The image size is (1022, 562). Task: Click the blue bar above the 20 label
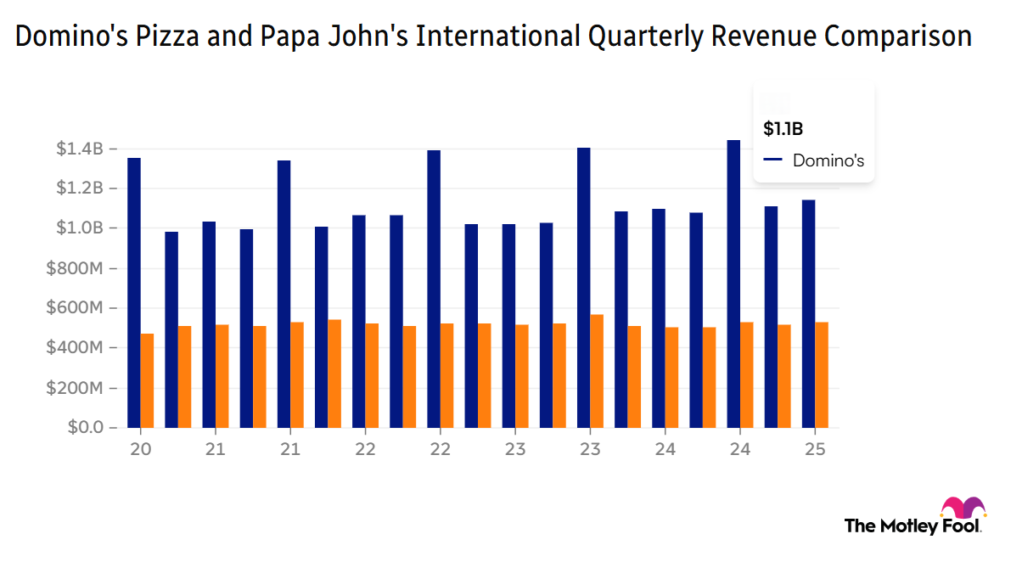[x=134, y=293]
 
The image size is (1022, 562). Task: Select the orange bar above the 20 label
[x=147, y=380]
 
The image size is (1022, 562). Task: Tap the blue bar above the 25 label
[x=809, y=313]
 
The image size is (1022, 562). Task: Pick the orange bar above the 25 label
[x=822, y=374]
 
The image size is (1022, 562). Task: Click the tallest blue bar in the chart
[x=733, y=284]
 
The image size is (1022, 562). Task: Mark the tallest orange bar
[x=597, y=371]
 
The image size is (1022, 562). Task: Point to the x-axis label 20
[x=140, y=449]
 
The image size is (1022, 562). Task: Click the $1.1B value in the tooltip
[x=783, y=129]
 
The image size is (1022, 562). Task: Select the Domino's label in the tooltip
[x=828, y=160]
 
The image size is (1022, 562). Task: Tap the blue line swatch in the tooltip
[x=772, y=160]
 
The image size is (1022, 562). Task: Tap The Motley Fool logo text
[x=912, y=525]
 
